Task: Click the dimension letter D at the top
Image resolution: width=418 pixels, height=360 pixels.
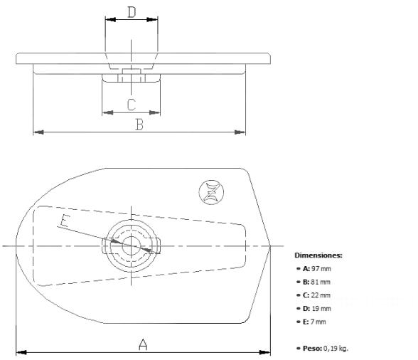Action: click(132, 11)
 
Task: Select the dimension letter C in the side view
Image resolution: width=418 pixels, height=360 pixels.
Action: click(132, 105)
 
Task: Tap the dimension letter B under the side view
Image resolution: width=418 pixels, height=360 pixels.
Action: click(140, 125)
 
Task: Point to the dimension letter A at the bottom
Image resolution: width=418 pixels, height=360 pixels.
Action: click(143, 344)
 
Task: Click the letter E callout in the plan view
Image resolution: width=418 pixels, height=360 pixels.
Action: click(65, 221)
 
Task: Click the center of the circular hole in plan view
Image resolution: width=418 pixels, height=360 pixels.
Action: click(132, 245)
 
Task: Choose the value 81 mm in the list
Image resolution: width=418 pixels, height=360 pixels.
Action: click(320, 282)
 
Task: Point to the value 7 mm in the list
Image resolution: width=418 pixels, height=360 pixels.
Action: click(318, 322)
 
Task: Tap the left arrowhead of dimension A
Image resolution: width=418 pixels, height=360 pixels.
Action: click(19, 352)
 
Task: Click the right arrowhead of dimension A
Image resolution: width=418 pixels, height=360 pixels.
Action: click(267, 352)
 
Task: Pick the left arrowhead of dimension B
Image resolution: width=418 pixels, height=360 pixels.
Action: click(37, 132)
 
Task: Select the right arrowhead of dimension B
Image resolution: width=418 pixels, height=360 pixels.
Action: click(241, 132)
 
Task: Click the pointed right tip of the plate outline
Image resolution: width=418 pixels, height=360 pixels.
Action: click(271, 246)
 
